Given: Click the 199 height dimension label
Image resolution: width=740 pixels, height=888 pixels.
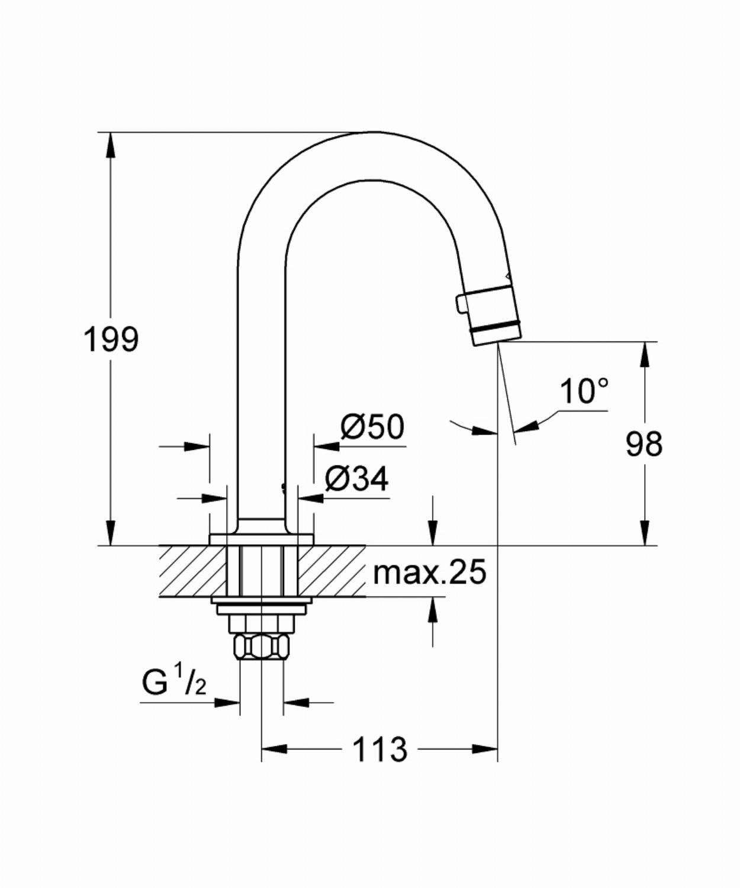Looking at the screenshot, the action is pos(111,340).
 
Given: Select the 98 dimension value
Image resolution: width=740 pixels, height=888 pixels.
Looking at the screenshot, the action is pos(644,444).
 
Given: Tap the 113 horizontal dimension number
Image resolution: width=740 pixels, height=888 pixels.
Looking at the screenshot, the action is pos(380,749).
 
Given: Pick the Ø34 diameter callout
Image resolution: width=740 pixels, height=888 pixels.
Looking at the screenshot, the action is pos(357,480).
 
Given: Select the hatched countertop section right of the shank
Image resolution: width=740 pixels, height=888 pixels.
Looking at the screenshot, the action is pos(332,571).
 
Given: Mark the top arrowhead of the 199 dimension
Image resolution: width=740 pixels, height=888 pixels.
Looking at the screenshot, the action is pos(111,145).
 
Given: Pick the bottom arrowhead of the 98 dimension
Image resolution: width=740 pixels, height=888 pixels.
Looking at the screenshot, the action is pos(645,533).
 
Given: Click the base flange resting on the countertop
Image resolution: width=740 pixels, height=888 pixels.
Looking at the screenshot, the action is pos(262,539).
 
